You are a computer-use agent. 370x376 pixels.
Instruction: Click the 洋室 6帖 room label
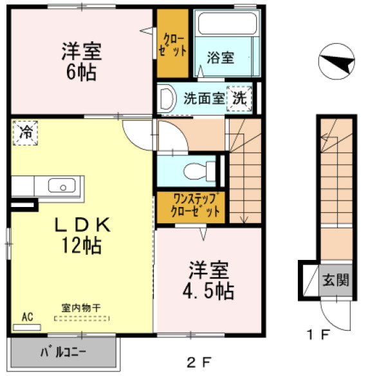tap(80, 61)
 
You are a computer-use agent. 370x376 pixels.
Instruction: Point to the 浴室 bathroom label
tap(220, 57)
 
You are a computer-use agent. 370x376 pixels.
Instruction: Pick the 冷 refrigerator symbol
tap(25, 133)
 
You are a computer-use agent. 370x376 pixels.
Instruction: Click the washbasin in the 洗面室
tap(167, 99)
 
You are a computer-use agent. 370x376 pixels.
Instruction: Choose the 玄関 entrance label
tap(335, 280)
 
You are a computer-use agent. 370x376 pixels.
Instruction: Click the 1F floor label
tap(317, 335)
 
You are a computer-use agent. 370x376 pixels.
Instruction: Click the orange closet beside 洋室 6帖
tap(172, 43)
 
